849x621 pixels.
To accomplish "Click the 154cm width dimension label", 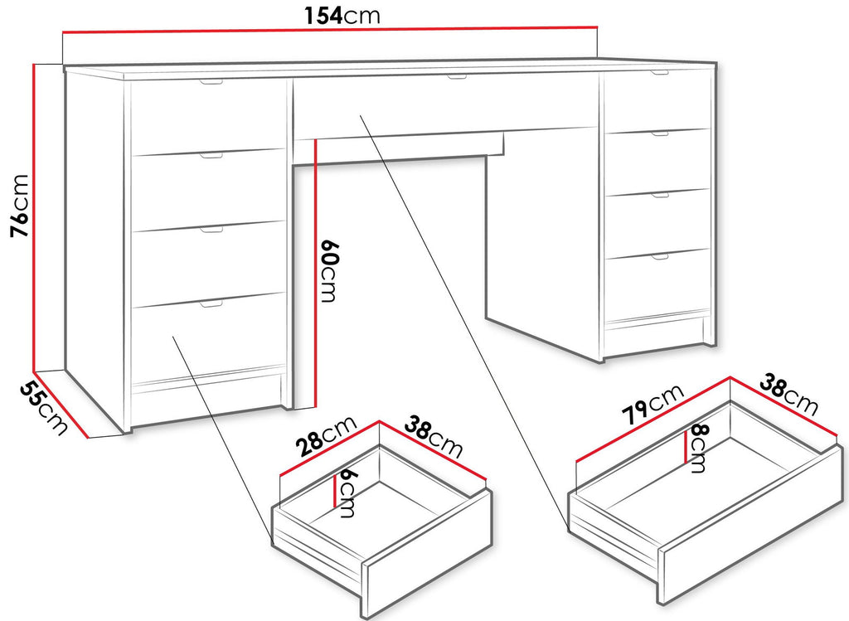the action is point(342,15).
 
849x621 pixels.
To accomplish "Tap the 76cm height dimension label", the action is point(20,206).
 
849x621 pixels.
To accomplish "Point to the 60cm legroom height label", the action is point(329,270).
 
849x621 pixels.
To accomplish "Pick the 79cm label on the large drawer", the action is point(653,405).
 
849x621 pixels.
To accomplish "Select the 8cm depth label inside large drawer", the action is point(696,449).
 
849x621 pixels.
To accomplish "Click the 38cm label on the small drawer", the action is point(434,436).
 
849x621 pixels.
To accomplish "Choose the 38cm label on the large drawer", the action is point(788,394).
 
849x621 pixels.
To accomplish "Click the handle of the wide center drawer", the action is point(457,77).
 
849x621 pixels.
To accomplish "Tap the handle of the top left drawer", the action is point(211,82).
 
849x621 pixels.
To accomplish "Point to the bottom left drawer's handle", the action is point(211,304).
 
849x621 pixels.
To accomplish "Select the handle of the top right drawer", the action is point(660,73).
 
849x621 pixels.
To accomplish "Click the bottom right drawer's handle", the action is point(660,257).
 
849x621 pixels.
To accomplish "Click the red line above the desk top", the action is point(330,30).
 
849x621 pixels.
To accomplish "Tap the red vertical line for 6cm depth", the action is point(335,491).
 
